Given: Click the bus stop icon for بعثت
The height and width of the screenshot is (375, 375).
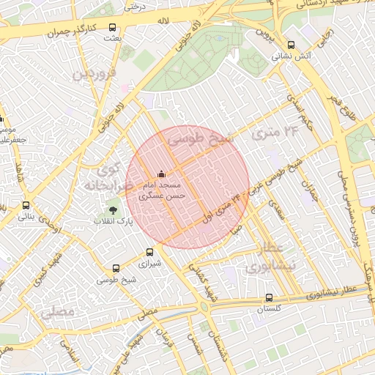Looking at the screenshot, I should (111, 27).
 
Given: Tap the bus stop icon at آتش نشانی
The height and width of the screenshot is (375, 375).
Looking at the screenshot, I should (292, 44).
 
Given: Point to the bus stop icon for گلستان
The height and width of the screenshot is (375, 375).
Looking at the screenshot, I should (269, 298).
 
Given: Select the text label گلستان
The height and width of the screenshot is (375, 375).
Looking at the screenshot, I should (269, 309).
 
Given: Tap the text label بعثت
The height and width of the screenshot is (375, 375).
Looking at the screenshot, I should (111, 38).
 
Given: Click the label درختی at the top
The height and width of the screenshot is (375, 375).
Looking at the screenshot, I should (133, 7).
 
